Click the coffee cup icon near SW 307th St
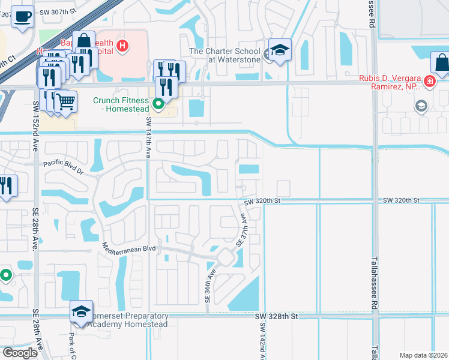[x=23, y=17]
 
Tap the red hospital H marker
[x=122, y=45]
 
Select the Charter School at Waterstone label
[x=225, y=55]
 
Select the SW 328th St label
[x=276, y=316]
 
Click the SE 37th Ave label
[x=244, y=232]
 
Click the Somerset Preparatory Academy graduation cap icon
[x=81, y=311]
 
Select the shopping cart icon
[x=66, y=101]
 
